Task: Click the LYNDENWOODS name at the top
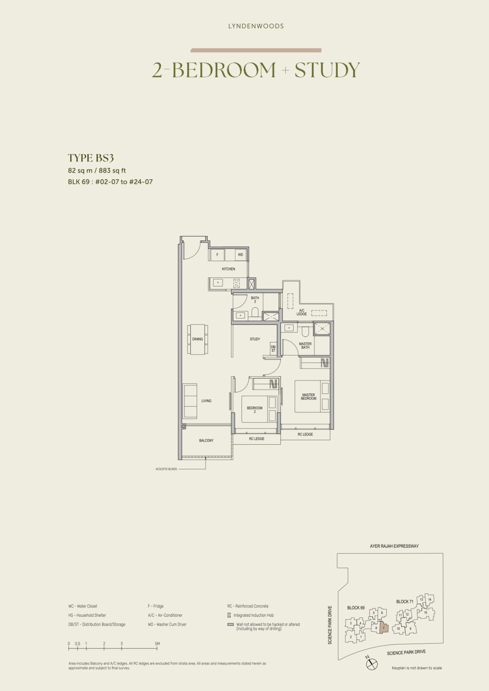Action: (x=256, y=26)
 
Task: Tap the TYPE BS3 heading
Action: (x=91, y=158)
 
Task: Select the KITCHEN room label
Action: (x=228, y=269)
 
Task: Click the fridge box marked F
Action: (x=217, y=255)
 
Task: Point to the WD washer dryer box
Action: (x=240, y=255)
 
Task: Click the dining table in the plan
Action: (x=198, y=339)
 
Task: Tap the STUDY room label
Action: (x=255, y=339)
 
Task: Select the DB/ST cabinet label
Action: (x=273, y=349)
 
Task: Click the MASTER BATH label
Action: (x=305, y=345)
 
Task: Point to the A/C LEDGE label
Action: (x=302, y=312)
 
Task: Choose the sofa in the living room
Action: (x=190, y=401)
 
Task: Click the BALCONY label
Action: (x=206, y=441)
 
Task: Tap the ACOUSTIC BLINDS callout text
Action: (x=166, y=469)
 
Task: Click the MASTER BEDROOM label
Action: (x=308, y=397)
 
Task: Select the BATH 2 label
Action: (x=255, y=300)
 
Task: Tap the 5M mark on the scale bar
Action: (x=157, y=644)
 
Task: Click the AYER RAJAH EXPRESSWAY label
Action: (x=394, y=546)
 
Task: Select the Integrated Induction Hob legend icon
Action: (x=229, y=615)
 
